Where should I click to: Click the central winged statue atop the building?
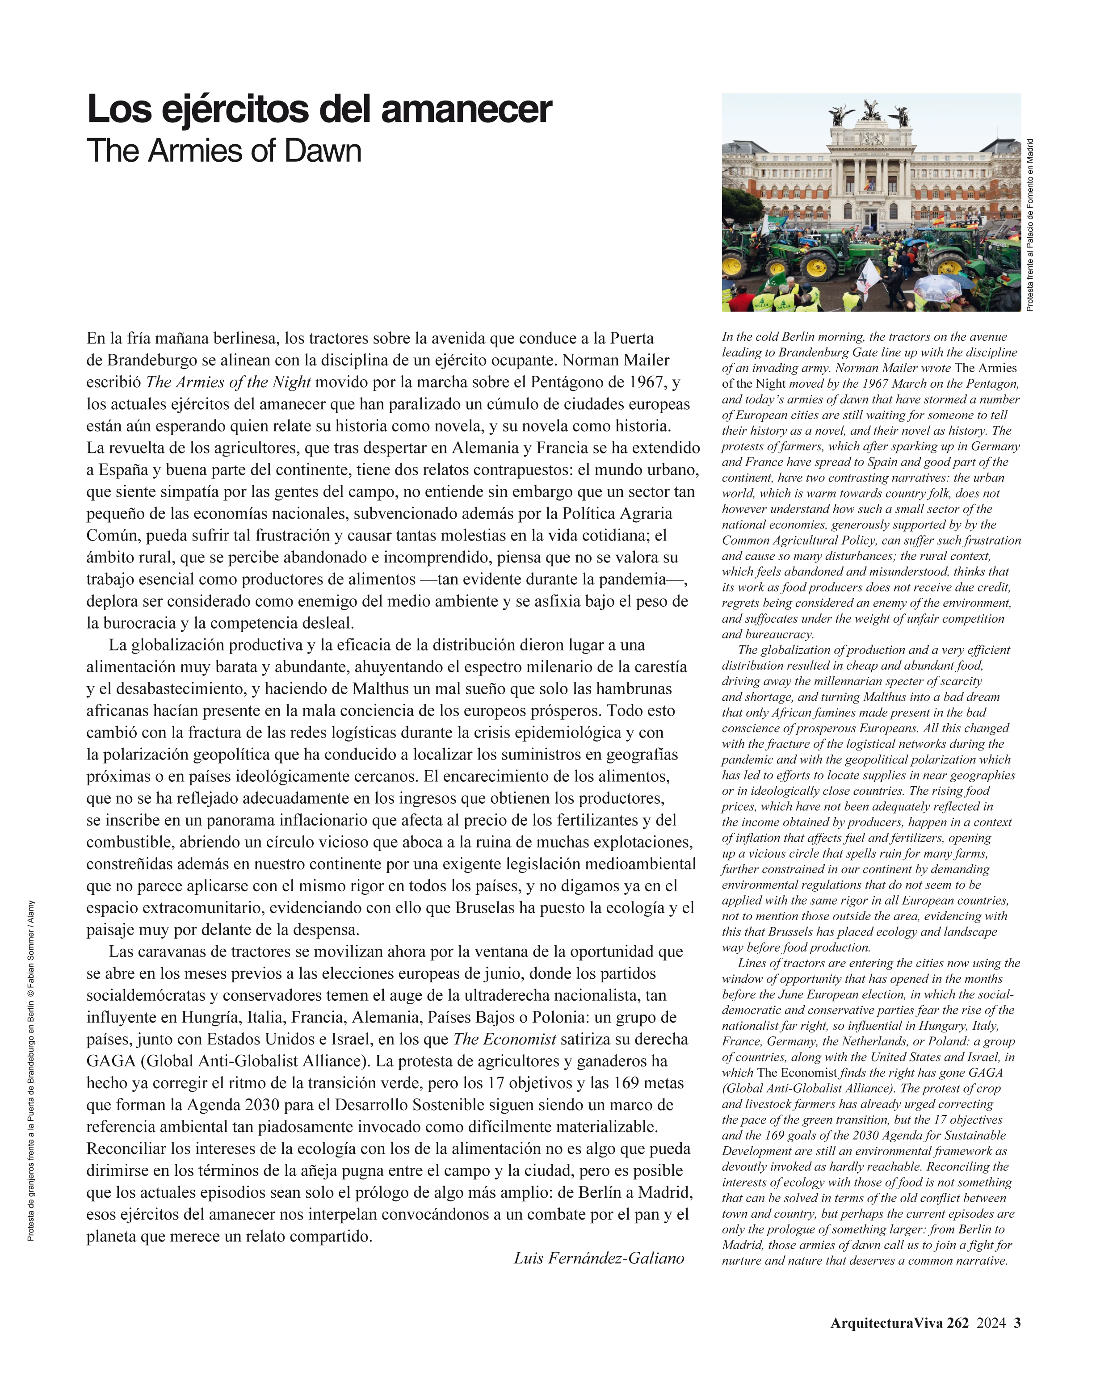tap(871, 109)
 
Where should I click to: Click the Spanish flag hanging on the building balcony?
tap(870, 185)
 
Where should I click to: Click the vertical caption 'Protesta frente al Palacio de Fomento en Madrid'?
tap(1030, 225)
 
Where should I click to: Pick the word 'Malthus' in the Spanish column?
tap(380, 689)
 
